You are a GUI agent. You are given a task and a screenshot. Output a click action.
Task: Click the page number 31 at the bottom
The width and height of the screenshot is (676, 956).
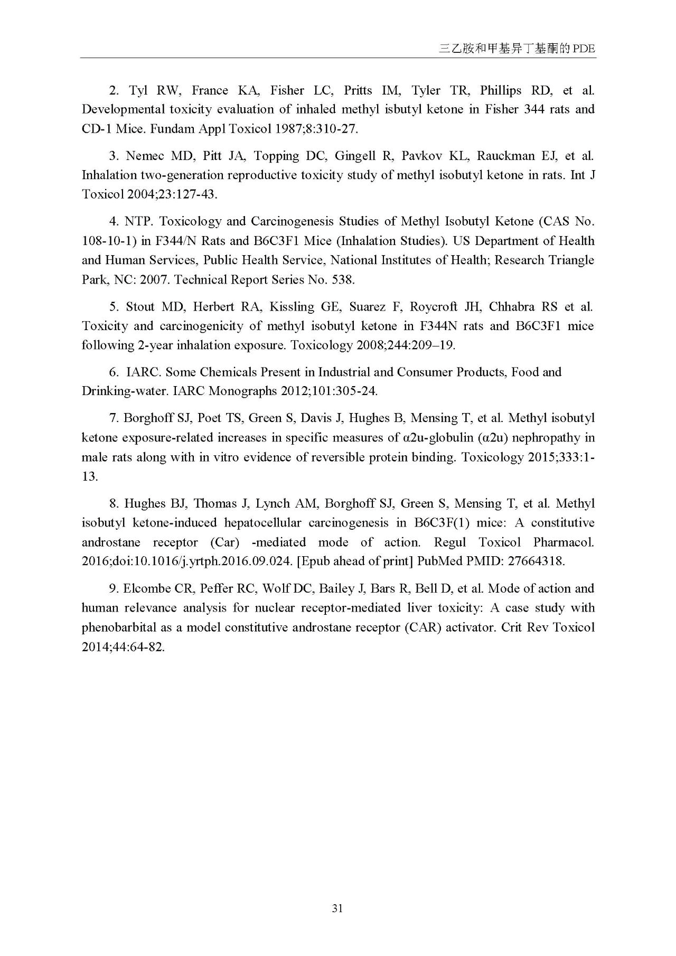(338, 908)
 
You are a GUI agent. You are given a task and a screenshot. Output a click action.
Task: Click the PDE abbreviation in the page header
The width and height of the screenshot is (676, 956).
(584, 49)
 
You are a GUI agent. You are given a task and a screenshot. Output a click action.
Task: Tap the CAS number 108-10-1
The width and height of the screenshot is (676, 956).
(108, 241)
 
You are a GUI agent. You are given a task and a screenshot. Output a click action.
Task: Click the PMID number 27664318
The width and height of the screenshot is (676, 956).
(536, 561)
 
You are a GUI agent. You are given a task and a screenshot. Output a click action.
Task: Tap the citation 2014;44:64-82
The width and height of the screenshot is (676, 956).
(123, 647)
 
